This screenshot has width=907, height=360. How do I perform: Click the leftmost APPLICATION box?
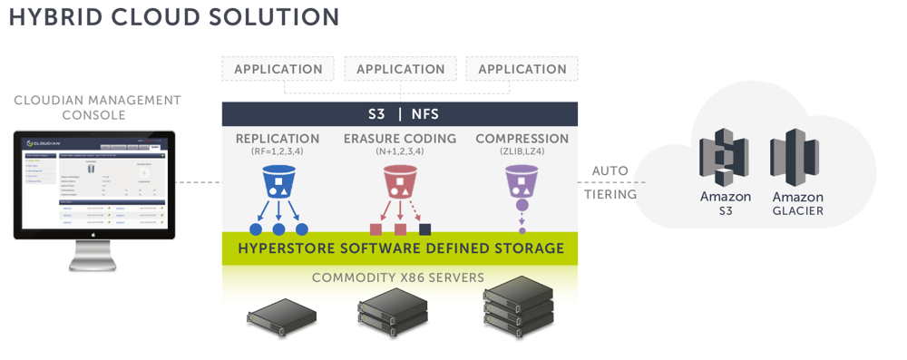[278, 69]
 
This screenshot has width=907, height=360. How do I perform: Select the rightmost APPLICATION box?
[522, 69]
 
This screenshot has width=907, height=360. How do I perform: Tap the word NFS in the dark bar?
[425, 114]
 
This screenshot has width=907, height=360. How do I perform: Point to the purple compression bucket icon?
[522, 181]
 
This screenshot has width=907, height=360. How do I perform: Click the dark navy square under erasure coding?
[424, 229]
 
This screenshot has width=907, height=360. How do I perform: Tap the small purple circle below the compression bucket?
[522, 229]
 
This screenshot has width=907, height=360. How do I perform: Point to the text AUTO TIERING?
[610, 181]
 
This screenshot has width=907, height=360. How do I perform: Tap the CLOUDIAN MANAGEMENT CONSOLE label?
[97, 107]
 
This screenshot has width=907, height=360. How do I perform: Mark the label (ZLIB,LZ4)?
[522, 153]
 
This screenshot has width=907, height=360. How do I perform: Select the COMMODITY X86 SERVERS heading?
[400, 277]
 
